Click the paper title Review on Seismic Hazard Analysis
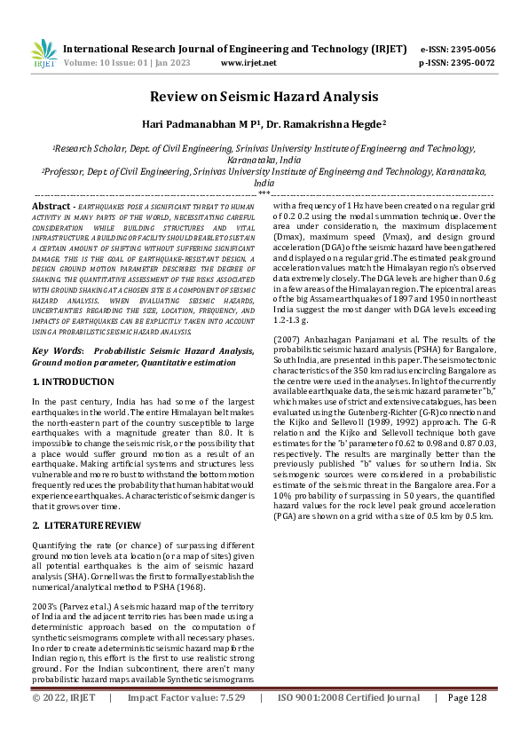pyautogui.click(x=264, y=96)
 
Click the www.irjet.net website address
pyautogui.click(x=248, y=63)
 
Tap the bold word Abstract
pyautogui.click(x=51, y=206)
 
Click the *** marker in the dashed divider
pyautogui.click(x=264, y=193)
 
